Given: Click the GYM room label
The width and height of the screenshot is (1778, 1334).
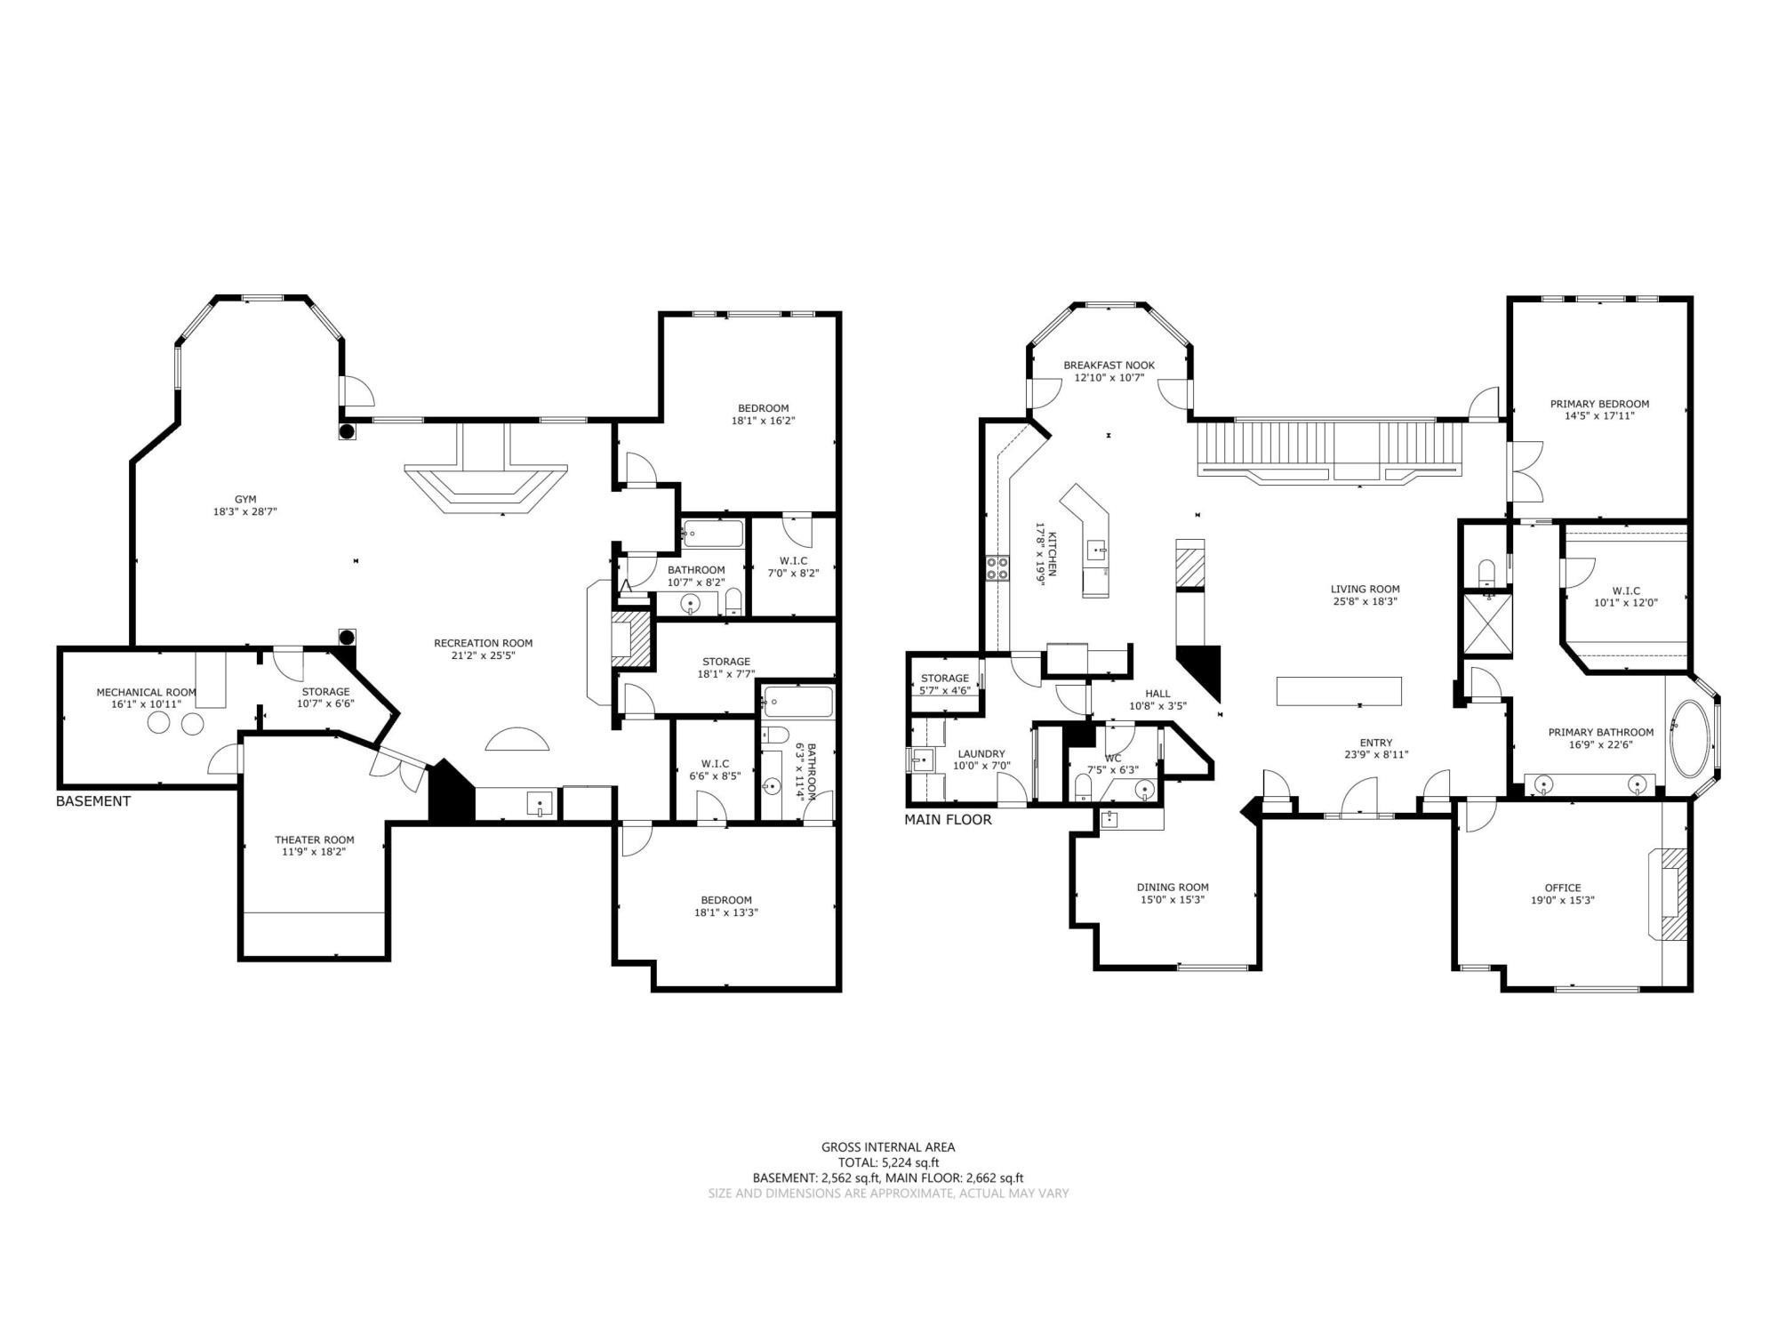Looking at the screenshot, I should (x=245, y=500).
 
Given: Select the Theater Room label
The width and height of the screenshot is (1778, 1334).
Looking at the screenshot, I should (x=314, y=840).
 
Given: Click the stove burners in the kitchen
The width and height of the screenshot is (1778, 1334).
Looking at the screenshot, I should (x=997, y=568).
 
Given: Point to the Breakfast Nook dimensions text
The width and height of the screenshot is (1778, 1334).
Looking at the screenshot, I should (x=1109, y=378).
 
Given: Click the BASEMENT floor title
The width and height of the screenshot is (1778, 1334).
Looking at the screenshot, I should (x=92, y=801).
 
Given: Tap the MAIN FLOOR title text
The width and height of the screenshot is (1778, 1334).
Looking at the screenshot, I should (x=948, y=820).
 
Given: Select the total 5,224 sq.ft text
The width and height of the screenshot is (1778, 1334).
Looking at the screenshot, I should (x=888, y=1162).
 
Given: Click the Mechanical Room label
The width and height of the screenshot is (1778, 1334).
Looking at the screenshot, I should (x=146, y=692).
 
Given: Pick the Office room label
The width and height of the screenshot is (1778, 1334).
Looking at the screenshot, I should (x=1562, y=888).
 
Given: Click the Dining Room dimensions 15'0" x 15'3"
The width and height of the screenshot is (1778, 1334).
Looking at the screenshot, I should (x=1173, y=899).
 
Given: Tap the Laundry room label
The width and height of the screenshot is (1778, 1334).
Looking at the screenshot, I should (x=981, y=753).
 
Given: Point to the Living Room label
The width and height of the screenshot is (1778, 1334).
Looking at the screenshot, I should (x=1365, y=589).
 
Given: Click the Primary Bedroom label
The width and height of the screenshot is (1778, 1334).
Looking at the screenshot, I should (x=1599, y=404).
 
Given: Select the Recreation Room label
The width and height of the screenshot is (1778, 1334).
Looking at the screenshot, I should (x=483, y=643).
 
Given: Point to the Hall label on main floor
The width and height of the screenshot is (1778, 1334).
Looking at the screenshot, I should (x=1157, y=694).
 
